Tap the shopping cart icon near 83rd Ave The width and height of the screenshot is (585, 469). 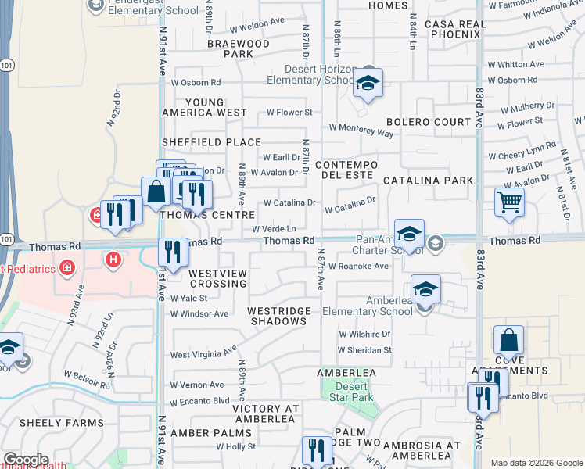coord(509,202)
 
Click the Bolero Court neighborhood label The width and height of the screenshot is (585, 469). coord(429,123)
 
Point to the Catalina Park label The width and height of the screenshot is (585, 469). coord(428,181)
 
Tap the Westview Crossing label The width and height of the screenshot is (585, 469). coord(218,278)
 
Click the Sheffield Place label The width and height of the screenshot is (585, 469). coord(211,142)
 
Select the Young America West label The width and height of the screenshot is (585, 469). coord(205,108)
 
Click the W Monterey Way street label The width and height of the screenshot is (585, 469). coord(361,130)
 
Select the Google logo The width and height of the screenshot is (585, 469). coord(25,460)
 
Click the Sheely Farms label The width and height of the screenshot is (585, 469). coord(61,423)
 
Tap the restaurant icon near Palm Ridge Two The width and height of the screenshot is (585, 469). coord(316,451)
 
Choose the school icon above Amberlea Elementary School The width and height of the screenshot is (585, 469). coord(425,290)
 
